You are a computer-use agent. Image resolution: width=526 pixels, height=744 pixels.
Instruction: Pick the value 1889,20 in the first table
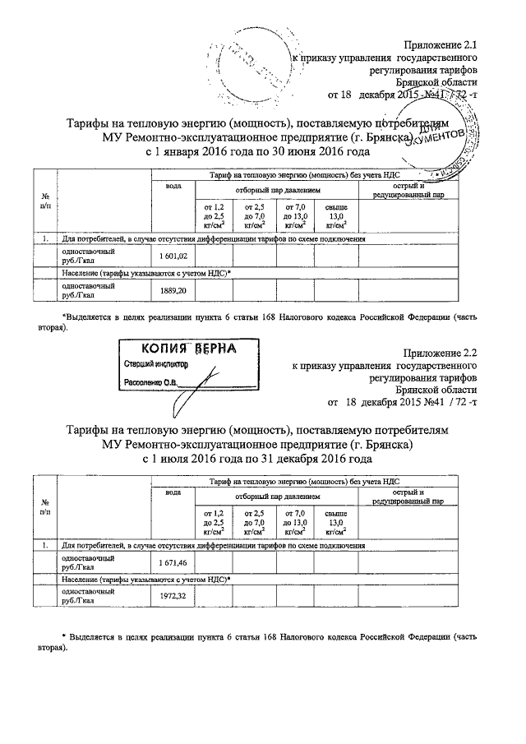pyautogui.click(x=172, y=290)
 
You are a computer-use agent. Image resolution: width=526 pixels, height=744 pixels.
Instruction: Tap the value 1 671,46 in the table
pyautogui.click(x=173, y=561)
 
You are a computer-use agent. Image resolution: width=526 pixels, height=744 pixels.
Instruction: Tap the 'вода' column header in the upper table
pyautogui.click(x=173, y=187)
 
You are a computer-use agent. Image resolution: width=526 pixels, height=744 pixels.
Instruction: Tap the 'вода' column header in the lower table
pyautogui.click(x=173, y=491)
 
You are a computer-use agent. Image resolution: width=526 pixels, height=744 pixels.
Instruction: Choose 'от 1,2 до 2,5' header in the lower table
pyautogui.click(x=213, y=519)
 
